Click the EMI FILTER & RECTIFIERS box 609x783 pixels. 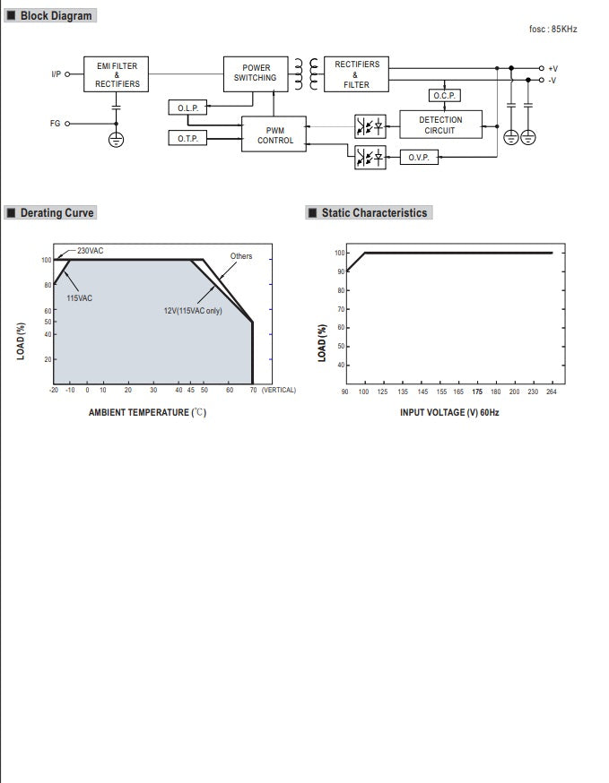point(117,74)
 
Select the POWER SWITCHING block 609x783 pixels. point(256,73)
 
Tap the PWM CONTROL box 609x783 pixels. point(274,135)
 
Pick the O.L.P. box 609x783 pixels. point(187,108)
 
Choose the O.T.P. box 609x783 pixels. point(187,138)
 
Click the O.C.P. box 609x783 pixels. point(445,95)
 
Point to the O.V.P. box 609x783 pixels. point(419,157)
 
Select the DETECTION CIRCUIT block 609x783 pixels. point(439,125)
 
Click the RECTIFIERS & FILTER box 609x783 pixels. point(356,74)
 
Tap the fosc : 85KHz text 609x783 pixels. point(553,29)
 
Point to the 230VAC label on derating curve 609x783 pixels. point(90,251)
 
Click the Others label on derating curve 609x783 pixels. point(241,256)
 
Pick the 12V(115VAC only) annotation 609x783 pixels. point(192,311)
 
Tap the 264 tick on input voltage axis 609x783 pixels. point(550,391)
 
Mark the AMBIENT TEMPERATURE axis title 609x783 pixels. point(147,412)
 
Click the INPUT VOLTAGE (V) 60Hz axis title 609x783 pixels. point(448,412)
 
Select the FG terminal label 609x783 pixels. point(55,124)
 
